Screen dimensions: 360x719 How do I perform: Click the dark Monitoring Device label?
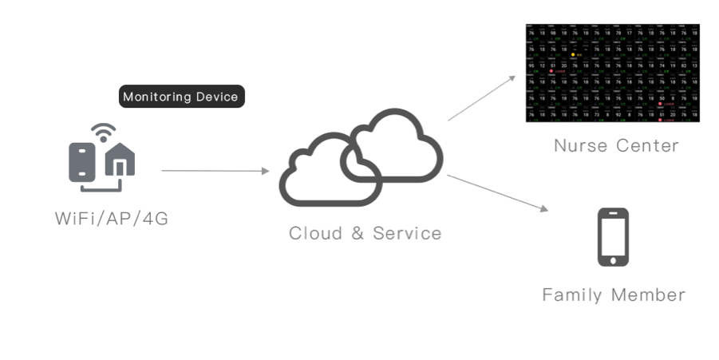(180, 97)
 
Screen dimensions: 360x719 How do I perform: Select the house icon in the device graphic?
(120, 160)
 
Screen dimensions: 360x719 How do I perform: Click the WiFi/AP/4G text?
(112, 218)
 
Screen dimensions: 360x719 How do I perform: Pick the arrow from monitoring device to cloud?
(215, 170)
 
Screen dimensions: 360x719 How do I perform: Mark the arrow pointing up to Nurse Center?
(482, 98)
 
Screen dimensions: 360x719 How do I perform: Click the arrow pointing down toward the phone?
(498, 192)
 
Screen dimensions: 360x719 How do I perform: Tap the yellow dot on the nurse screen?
(573, 54)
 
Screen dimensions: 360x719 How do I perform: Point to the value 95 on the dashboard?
(531, 65)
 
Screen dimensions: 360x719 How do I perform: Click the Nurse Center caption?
(616, 145)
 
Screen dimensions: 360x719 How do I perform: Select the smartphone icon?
(613, 237)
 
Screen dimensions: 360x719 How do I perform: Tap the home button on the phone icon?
(613, 259)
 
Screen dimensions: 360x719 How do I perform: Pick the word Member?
(648, 295)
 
